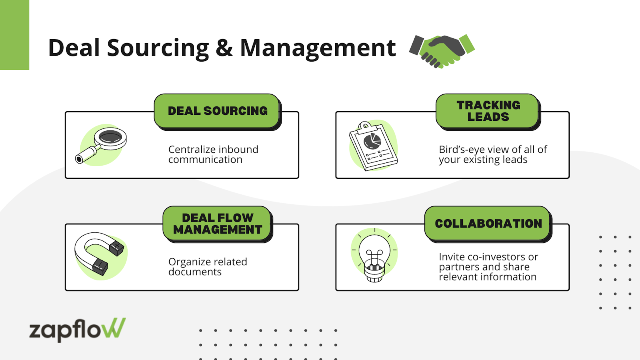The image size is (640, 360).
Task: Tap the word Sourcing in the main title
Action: tap(158, 48)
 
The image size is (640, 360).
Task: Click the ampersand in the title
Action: tap(224, 48)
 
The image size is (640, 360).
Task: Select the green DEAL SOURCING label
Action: tap(218, 111)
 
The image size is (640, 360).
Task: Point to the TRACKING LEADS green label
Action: tap(488, 111)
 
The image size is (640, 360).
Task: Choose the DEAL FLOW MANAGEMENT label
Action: tap(218, 224)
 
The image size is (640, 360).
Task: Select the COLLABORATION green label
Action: tap(488, 223)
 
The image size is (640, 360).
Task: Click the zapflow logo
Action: tap(77, 330)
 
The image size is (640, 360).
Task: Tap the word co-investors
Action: tap(496, 257)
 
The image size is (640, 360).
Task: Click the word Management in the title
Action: tap(318, 48)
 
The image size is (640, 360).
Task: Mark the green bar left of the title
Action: tap(14, 35)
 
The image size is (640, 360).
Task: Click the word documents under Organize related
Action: tap(195, 272)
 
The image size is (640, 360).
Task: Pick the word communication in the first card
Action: tap(205, 160)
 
